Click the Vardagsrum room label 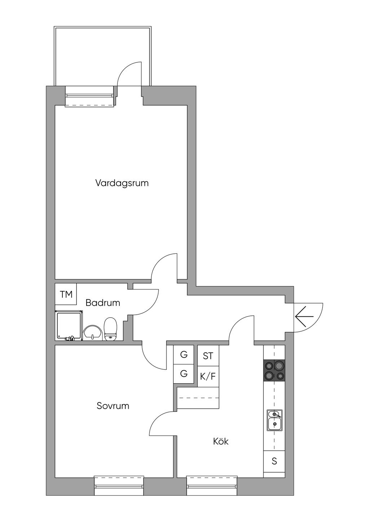(x=122, y=183)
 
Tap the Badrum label (x=103, y=303)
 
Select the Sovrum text (x=113, y=406)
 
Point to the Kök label (x=221, y=441)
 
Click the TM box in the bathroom (x=66, y=294)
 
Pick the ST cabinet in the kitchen (x=208, y=356)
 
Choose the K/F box (x=208, y=377)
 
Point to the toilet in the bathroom (x=110, y=329)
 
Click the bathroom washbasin (x=93, y=332)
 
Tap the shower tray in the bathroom (x=69, y=325)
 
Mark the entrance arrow (x=304, y=317)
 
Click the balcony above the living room (x=102, y=56)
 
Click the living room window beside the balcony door (x=89, y=96)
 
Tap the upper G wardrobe (x=184, y=355)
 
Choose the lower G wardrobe (x=184, y=374)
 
